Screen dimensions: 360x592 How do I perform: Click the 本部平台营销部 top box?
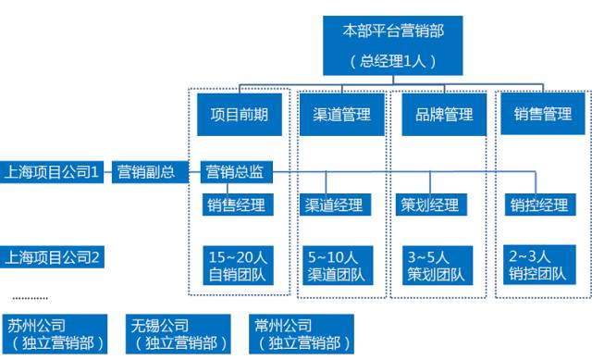393,44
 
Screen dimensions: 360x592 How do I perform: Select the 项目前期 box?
239,115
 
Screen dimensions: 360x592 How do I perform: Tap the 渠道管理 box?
335,115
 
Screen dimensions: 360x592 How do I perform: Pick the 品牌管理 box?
438,115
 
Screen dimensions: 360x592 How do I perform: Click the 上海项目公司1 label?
53,171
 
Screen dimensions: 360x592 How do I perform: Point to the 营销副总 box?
146,171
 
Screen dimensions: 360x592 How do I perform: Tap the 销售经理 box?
235,205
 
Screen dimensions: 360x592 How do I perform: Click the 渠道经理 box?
334,205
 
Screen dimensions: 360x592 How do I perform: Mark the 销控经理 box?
537,205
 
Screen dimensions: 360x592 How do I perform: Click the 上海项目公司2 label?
53,255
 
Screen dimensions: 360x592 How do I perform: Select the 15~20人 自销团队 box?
235,264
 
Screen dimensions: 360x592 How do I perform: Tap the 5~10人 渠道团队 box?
334,264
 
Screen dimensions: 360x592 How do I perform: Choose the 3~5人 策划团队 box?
435,264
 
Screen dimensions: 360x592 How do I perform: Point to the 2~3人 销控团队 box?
537,264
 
